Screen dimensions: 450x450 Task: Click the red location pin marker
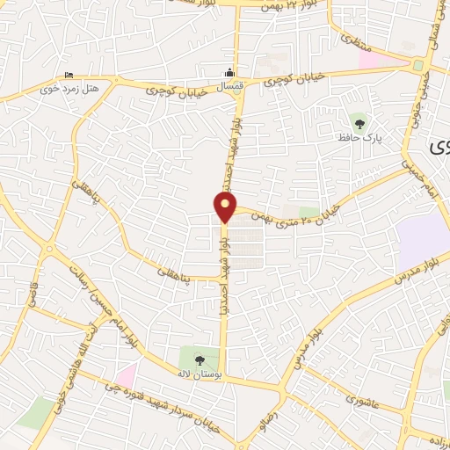(225, 207)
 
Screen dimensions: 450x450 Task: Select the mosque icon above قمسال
(230, 73)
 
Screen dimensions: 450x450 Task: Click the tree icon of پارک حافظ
(358, 120)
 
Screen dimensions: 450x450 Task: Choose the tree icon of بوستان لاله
(199, 359)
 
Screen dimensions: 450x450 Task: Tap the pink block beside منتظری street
(368, 59)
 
